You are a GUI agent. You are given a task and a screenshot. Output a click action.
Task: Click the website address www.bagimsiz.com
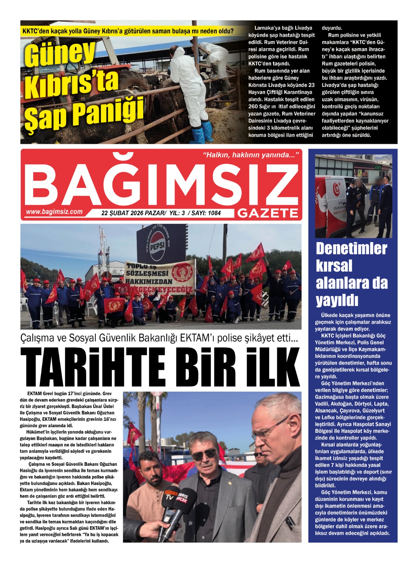54,212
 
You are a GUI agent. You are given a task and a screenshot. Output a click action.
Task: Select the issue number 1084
214,213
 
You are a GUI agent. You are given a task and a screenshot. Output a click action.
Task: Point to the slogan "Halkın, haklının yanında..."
251,155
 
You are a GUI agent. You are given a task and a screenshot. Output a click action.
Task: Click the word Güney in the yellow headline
60,53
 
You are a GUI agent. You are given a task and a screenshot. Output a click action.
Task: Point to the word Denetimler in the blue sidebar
351,249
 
